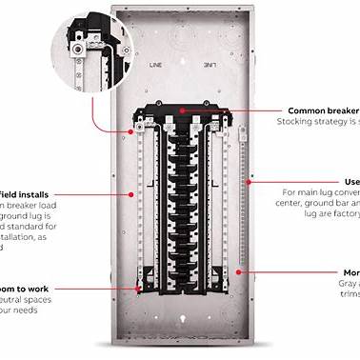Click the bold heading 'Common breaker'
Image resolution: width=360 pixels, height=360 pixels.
pos(317,110)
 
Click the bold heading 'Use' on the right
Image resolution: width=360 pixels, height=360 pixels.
pos(351,181)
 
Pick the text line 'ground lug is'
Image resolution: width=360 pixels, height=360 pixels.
pos(29,217)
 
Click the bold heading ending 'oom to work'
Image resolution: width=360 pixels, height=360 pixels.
pos(29,286)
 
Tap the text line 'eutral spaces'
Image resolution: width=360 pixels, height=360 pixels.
pos(30,299)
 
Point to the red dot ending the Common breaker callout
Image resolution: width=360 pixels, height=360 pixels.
pos(232,111)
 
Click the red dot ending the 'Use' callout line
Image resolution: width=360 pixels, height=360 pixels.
pos(250,182)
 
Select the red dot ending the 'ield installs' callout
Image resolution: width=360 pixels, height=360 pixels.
pos(130,194)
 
